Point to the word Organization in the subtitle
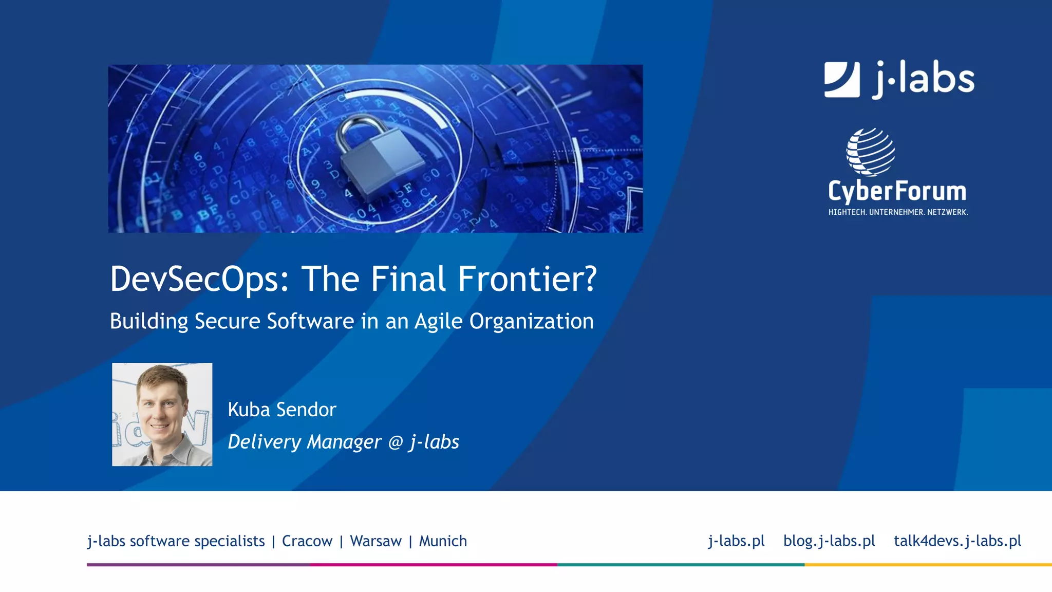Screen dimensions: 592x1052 (x=531, y=322)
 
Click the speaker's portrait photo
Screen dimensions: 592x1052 (x=162, y=415)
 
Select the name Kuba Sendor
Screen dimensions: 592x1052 (x=282, y=410)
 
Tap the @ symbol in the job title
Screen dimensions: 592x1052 (x=396, y=442)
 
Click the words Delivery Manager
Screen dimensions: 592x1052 (x=305, y=442)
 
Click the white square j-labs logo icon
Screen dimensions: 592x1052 (x=842, y=80)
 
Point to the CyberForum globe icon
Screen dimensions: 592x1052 (x=871, y=152)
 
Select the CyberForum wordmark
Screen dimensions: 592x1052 (x=897, y=191)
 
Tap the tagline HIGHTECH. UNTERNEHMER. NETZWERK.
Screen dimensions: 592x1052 (x=898, y=212)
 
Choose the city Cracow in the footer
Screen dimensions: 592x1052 (x=307, y=541)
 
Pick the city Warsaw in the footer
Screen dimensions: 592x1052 (x=375, y=541)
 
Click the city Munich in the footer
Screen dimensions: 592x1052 (x=443, y=541)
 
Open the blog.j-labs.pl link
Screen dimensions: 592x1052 (x=829, y=541)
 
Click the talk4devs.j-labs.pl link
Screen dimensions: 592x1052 (x=957, y=541)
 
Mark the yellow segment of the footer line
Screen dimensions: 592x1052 (x=928, y=565)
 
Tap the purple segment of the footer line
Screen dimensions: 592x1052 (x=198, y=565)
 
